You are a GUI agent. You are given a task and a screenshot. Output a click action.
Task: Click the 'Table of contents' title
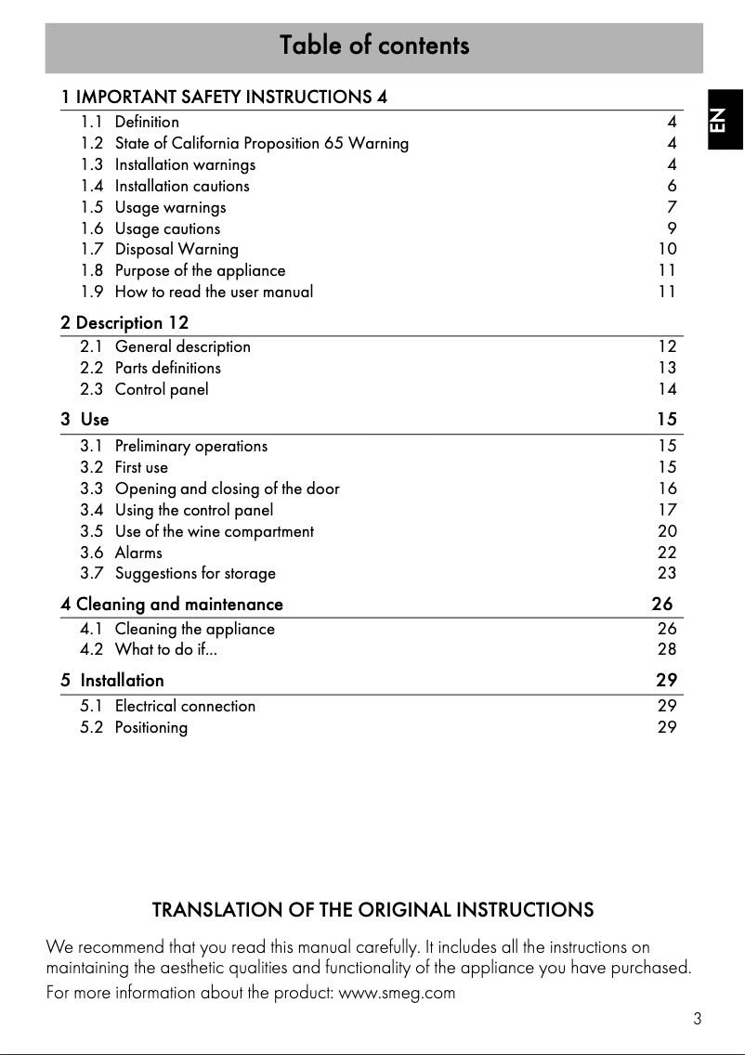tap(374, 46)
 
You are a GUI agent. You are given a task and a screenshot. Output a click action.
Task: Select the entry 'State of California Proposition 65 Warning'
tap(261, 143)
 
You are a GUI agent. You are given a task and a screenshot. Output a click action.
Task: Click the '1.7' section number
tap(91, 249)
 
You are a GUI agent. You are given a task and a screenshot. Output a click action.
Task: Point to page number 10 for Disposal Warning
tap(667, 249)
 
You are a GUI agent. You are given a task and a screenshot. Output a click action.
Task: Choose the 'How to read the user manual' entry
tap(214, 292)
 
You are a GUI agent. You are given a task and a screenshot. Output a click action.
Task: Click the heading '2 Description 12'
tap(124, 323)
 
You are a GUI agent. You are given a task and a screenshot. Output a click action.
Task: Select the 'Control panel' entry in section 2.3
tap(162, 389)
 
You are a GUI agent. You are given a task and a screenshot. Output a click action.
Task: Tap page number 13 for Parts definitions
tap(667, 368)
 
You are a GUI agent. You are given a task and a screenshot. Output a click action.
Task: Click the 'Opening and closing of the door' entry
tap(227, 488)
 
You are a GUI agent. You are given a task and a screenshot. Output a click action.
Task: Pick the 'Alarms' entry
tap(138, 553)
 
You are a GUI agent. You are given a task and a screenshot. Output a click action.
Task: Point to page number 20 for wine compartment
tap(667, 531)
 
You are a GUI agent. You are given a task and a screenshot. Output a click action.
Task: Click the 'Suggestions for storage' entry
tap(195, 574)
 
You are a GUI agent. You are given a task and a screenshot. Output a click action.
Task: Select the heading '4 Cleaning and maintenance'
tap(172, 605)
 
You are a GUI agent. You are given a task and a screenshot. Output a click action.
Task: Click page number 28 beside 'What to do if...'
tap(667, 650)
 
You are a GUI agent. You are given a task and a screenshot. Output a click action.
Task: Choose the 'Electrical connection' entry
tap(185, 706)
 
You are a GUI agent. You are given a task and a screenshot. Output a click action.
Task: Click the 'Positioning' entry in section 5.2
tap(150, 727)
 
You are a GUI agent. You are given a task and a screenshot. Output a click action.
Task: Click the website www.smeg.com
tap(397, 993)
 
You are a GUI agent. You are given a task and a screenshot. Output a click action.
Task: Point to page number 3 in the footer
tap(697, 1019)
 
